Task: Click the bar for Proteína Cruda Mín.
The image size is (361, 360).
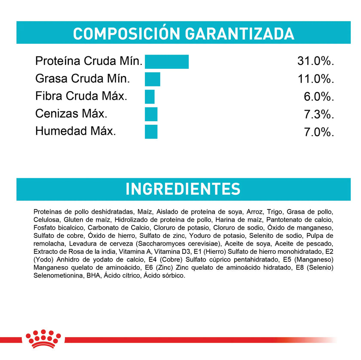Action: point(167,62)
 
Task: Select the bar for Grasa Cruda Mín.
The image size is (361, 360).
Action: point(152,79)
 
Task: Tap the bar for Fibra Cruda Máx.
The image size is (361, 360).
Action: point(150,96)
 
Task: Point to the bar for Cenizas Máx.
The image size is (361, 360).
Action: point(151,114)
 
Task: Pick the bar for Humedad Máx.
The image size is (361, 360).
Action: point(151,131)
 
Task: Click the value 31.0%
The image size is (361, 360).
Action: point(315,62)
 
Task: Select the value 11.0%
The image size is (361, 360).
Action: point(315,79)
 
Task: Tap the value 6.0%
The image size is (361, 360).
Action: point(318,97)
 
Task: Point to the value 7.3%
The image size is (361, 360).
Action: point(318,114)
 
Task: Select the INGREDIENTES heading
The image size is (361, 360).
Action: point(183,189)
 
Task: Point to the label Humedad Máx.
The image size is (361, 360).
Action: point(76,131)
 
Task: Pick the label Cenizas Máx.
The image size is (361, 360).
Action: point(71,114)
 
